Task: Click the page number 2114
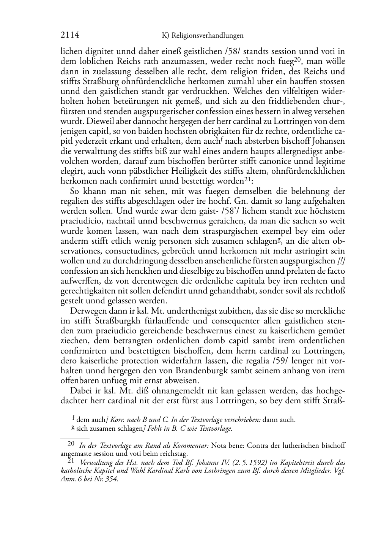tap(70, 35)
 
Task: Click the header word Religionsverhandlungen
tap(207, 36)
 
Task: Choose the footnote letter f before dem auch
tap(73, 418)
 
